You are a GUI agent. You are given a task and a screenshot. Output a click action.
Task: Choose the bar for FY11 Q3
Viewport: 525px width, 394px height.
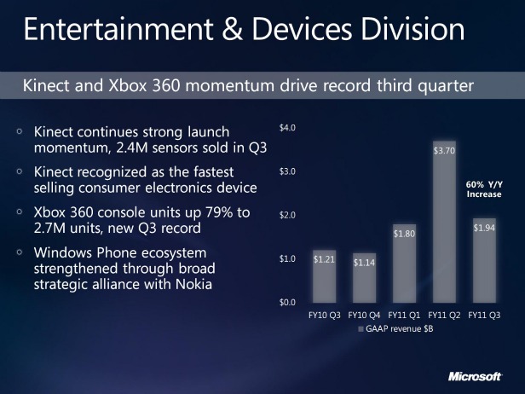coord(485,260)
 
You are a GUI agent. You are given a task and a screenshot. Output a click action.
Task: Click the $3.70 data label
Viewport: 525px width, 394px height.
coord(444,151)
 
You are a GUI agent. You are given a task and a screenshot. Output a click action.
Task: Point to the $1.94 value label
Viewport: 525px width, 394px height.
coord(484,229)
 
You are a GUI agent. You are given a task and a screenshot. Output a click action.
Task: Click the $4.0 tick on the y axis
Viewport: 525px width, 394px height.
coord(287,128)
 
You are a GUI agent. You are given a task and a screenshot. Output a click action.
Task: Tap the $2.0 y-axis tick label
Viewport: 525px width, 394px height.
coord(287,215)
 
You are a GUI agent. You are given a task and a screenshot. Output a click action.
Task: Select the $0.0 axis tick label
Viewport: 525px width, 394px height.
coord(287,302)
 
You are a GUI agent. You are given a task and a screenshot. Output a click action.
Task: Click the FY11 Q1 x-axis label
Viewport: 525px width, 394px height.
coord(404,316)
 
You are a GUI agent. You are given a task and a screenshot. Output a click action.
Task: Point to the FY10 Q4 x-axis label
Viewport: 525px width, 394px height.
coord(364,316)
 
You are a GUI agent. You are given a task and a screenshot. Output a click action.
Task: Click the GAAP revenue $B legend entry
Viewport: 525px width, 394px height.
coord(400,328)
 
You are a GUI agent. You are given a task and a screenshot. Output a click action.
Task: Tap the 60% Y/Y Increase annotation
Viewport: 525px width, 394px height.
coord(483,188)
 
